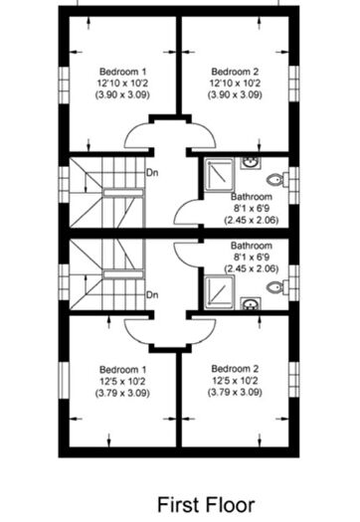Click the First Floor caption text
coord(206,505)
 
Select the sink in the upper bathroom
coord(250,163)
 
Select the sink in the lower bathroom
coord(250,303)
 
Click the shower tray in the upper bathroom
coord(219,175)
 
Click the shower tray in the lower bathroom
coord(219,292)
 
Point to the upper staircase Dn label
coord(152,173)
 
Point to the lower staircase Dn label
coord(152,295)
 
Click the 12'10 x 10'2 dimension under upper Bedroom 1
coord(122,84)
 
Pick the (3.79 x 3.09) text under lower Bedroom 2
coord(235,393)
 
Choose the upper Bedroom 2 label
coord(235,72)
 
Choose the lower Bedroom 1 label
coord(123,370)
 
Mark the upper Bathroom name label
coord(252,197)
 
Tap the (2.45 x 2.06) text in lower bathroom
coord(252,268)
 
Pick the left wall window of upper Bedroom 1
coord(64,85)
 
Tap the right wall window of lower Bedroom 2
coord(293,379)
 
